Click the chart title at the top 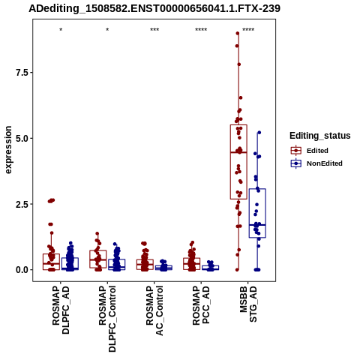[154, 8]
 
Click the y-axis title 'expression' [8, 150]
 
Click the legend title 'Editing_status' [320, 136]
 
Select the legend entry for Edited [310, 151]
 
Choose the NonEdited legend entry [316, 163]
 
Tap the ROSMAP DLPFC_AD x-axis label [61, 310]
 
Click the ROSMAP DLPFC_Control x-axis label [107, 319]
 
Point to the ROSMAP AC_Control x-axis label [154, 310]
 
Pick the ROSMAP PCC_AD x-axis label [201, 305]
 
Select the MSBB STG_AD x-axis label [248, 304]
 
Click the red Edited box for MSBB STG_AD [238, 162]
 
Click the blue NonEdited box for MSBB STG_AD [257, 213]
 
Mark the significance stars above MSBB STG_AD [248, 30]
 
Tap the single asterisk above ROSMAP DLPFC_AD [61, 30]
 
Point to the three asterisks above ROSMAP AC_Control [154, 30]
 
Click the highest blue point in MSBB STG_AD [259, 133]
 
